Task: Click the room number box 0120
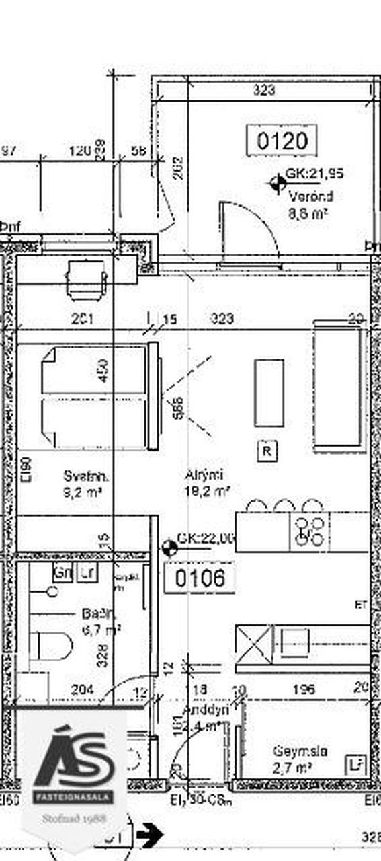(282, 141)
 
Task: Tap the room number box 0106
(200, 578)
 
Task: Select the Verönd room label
(310, 197)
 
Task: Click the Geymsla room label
(300, 751)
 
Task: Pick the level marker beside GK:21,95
(277, 182)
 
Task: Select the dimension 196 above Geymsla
(304, 689)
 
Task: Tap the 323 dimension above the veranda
(265, 88)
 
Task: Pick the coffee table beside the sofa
(269, 392)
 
